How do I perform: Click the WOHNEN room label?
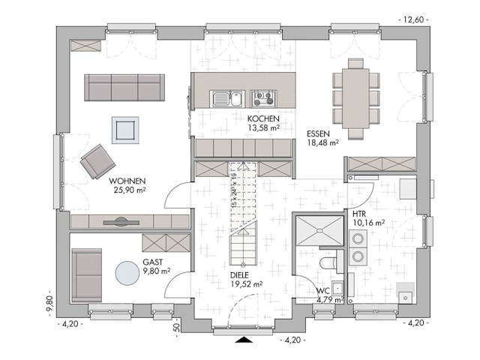point(127,181)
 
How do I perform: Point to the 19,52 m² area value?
point(247,284)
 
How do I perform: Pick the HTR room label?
point(359,214)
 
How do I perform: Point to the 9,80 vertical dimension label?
point(49,304)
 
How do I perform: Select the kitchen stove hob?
point(263,98)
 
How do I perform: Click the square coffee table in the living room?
point(125,130)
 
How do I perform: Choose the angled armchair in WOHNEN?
point(98,161)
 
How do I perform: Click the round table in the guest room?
point(128,271)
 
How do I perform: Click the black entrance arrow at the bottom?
point(243,340)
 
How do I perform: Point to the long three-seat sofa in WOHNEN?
point(124,88)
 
